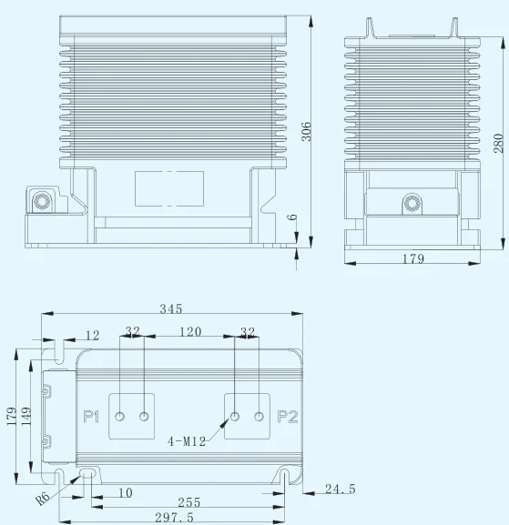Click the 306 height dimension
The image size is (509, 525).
pos(306,132)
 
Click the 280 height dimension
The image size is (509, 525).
pos(499,143)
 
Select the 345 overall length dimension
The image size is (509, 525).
pos(171,308)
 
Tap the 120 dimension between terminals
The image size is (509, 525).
pos(190,331)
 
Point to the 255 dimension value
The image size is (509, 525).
pos(189,502)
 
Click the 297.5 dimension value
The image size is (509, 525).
pos(174,518)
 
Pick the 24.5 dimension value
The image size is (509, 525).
pos(341,489)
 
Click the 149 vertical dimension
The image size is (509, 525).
pos(26,416)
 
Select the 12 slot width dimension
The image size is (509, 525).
pos(93,335)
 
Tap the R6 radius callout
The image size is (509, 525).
pos(43,499)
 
